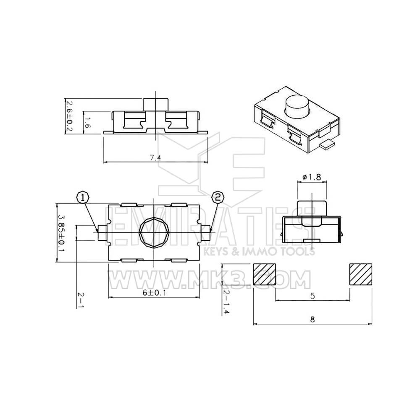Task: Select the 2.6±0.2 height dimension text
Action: [x=69, y=116]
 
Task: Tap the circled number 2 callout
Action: [x=218, y=197]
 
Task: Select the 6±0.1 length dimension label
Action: [x=155, y=293]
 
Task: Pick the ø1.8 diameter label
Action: [x=312, y=177]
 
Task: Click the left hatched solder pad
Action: [x=264, y=274]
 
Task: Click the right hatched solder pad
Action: [x=361, y=274]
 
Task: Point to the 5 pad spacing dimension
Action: [x=312, y=296]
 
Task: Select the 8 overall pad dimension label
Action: [x=312, y=319]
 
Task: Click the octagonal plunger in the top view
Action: [x=155, y=233]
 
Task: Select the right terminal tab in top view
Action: [x=206, y=233]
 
